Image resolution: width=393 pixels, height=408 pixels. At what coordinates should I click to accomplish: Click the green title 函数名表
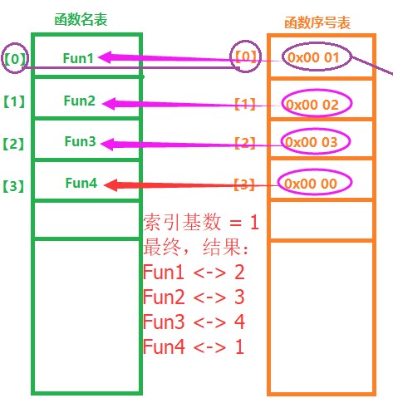pyautogui.click(x=81, y=20)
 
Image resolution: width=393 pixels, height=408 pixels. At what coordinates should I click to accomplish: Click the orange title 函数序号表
pyautogui.click(x=317, y=22)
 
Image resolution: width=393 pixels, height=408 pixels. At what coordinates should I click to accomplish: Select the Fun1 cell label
pyautogui.click(x=78, y=58)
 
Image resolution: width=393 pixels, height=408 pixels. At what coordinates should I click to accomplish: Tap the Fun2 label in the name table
pyautogui.click(x=80, y=101)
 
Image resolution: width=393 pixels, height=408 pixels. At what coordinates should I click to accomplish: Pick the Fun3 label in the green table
pyautogui.click(x=80, y=141)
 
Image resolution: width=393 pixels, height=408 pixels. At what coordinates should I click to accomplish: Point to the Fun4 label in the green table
pyautogui.click(x=81, y=183)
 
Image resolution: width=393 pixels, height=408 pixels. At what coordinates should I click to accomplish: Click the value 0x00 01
pyautogui.click(x=313, y=57)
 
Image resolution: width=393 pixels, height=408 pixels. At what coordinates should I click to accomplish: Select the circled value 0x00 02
pyautogui.click(x=312, y=105)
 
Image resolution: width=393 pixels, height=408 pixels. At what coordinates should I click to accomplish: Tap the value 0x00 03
pyautogui.click(x=312, y=142)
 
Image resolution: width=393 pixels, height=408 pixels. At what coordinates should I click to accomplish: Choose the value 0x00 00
pyautogui.click(x=311, y=184)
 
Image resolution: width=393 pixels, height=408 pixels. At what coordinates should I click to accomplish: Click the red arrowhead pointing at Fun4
pyautogui.click(x=111, y=184)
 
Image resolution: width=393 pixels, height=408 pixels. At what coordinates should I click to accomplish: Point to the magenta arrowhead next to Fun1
pyautogui.click(x=106, y=57)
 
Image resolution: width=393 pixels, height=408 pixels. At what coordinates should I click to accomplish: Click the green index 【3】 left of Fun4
pyautogui.click(x=13, y=186)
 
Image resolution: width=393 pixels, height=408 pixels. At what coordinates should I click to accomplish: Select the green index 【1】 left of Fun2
pyautogui.click(x=14, y=101)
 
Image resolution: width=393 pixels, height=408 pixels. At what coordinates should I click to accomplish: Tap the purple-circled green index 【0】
pyautogui.click(x=15, y=58)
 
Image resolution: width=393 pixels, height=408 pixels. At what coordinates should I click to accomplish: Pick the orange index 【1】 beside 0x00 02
pyautogui.click(x=245, y=104)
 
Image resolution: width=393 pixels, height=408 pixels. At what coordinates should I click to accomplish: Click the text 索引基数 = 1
pyautogui.click(x=201, y=222)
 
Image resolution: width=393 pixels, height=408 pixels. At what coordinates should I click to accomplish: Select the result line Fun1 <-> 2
pyautogui.click(x=194, y=272)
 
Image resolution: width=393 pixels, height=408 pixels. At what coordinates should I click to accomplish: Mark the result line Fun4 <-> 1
pyautogui.click(x=194, y=347)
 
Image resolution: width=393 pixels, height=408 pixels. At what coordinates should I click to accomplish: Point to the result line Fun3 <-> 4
pyautogui.click(x=194, y=322)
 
